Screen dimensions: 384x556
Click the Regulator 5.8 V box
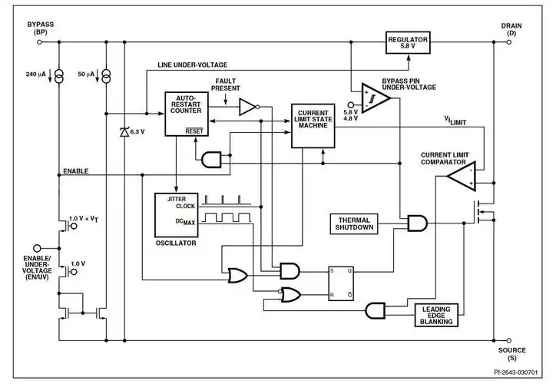click(x=407, y=42)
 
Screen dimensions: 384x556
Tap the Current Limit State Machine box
click(x=313, y=124)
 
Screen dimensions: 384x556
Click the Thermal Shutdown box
click(x=354, y=223)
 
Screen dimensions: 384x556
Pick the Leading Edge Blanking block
click(x=436, y=315)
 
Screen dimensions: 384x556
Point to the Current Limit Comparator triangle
click(x=462, y=178)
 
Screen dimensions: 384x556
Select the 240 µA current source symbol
click(x=60, y=74)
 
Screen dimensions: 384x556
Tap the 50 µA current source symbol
click(x=104, y=74)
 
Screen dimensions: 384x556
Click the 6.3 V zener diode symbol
click(x=124, y=132)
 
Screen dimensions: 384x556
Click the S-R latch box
click(x=341, y=282)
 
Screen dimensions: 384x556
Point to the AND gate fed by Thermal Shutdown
click(x=418, y=223)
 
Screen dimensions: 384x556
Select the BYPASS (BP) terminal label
click(x=40, y=28)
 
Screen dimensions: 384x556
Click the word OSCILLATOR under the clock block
click(x=175, y=243)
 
